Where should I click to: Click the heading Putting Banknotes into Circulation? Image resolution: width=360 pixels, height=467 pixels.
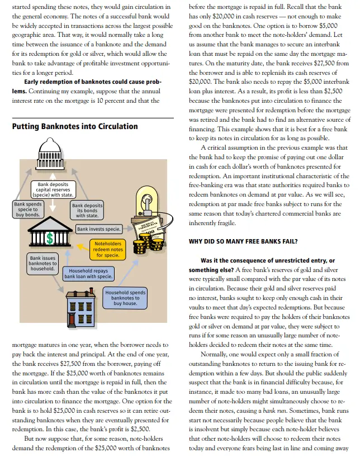74,126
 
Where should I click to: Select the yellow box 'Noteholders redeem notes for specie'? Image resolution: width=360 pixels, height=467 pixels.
108,249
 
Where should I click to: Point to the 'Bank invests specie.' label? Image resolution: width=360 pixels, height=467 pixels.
98,229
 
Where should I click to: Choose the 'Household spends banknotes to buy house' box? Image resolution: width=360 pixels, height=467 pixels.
125,298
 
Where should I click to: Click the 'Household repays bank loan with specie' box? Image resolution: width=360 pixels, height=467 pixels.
89,273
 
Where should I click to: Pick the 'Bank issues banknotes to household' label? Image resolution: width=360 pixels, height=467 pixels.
42,264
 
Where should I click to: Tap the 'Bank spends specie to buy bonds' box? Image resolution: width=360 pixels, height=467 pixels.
27,209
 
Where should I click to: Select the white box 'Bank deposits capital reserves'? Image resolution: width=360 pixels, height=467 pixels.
53,189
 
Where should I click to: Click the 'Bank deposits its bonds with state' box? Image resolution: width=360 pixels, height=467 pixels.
87,211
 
